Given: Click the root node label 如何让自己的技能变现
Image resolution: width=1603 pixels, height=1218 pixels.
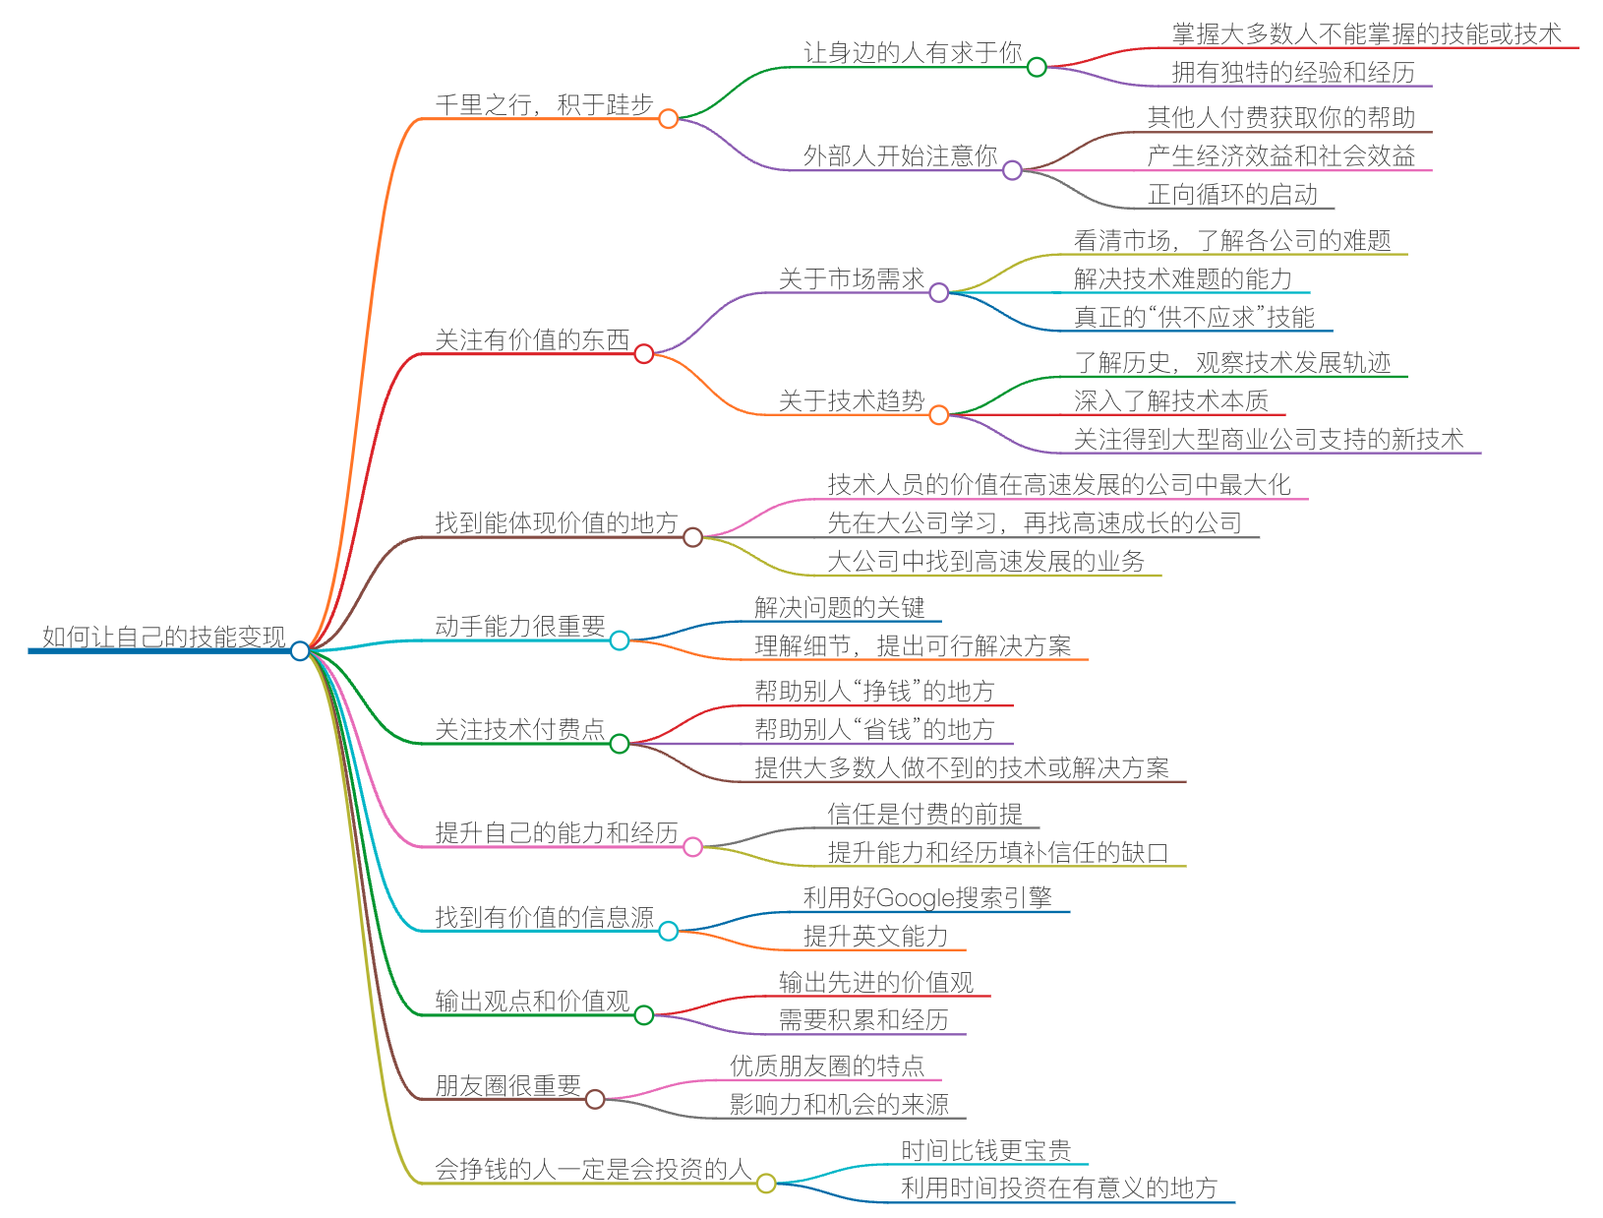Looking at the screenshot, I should [x=163, y=637].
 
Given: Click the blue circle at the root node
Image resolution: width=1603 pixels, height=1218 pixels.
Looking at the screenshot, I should [x=300, y=650].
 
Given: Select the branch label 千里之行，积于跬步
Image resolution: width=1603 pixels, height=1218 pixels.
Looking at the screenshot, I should [x=544, y=104].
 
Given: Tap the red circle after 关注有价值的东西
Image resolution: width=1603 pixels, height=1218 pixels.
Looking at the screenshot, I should [x=644, y=354].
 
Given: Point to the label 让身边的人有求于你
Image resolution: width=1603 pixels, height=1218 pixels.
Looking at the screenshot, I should [x=913, y=53].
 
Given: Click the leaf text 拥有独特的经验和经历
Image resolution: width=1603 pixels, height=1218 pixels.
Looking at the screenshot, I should [x=1293, y=72].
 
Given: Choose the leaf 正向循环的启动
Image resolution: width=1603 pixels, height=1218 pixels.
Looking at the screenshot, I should [x=1232, y=194].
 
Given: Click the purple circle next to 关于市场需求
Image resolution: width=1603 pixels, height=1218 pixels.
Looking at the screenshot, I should [x=939, y=292].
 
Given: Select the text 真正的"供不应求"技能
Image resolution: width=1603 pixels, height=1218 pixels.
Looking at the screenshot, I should [x=1194, y=317].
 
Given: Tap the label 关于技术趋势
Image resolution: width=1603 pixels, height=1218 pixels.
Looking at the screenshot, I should [x=852, y=400].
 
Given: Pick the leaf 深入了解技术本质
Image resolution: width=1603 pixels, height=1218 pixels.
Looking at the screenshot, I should [x=1170, y=400].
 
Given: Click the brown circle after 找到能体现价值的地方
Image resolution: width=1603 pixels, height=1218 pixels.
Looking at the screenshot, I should [x=693, y=537].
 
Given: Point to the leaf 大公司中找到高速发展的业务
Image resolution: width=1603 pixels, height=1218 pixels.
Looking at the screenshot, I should [x=985, y=561].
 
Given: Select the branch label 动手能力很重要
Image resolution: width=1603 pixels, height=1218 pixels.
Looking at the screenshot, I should [x=519, y=627].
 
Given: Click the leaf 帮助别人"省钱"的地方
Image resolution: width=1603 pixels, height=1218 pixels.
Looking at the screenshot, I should [x=874, y=729].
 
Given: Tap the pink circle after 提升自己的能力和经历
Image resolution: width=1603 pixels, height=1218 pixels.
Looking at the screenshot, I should [x=693, y=847].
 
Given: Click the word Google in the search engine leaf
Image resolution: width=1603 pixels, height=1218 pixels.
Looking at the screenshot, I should [x=915, y=898].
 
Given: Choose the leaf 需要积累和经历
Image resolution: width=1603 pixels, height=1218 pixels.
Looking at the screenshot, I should [x=863, y=1020].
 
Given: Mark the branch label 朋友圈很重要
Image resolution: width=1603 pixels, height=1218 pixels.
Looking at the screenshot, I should [x=507, y=1085].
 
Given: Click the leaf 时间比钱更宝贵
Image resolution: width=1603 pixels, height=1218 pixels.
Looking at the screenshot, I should [x=985, y=1150].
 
